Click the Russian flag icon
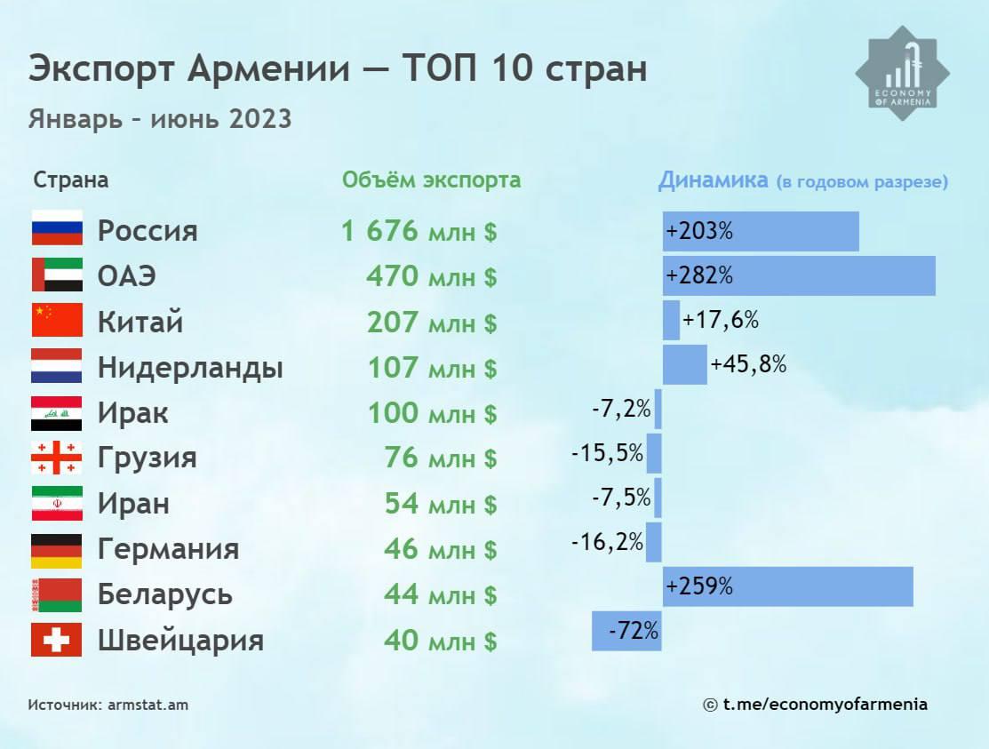57,228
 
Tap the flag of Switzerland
57,640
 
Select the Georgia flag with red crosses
57,458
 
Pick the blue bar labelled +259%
787,586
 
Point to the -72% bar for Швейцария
626,632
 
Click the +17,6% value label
721,320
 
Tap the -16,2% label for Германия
607,541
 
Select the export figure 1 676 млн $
419,232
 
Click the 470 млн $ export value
431,276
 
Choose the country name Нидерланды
190,367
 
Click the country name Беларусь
165,594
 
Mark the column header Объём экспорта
432,180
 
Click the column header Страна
71,180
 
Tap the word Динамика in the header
713,180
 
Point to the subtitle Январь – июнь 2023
160,118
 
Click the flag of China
57,320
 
